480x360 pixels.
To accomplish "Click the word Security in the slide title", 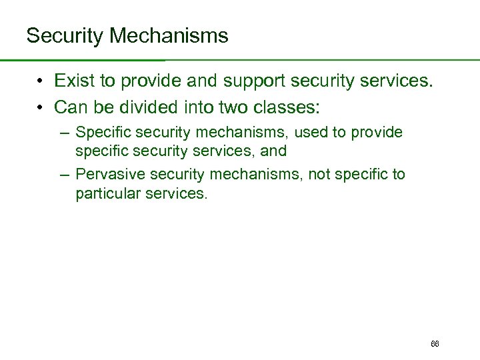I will (x=64, y=36).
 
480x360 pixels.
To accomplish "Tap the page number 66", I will (x=435, y=344).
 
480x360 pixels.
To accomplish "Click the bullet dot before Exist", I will (x=41, y=82).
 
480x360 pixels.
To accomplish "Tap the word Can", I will (x=69, y=107).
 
